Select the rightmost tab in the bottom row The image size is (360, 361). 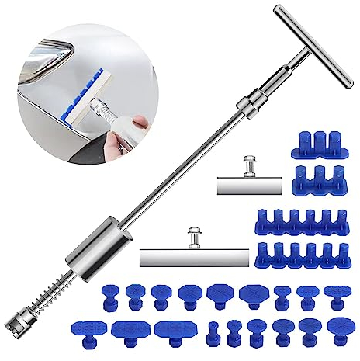(337, 327)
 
